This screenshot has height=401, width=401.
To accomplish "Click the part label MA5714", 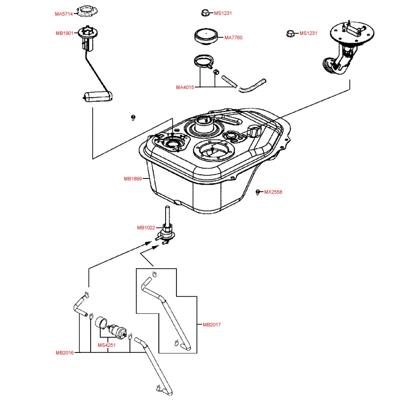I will pyautogui.click(x=64, y=14).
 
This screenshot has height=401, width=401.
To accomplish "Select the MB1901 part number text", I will pyautogui.click(x=64, y=33).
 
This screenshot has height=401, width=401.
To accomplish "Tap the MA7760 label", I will pyautogui.click(x=233, y=38).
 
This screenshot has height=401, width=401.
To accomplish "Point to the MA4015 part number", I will pyautogui.click(x=185, y=87).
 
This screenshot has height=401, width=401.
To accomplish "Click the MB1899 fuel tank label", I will pyautogui.click(x=133, y=179).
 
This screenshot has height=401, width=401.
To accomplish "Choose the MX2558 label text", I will pyautogui.click(x=273, y=192).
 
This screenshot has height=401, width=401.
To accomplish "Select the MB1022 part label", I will pyautogui.click(x=146, y=228).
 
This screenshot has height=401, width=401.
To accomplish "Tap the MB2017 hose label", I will pyautogui.click(x=212, y=325).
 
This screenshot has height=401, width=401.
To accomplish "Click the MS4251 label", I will pyautogui.click(x=107, y=345).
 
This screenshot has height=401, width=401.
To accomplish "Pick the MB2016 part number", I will pyautogui.click(x=65, y=353).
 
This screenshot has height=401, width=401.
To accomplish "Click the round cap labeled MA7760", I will pyautogui.click(x=207, y=37).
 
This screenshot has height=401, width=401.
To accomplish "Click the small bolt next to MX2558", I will pyautogui.click(x=258, y=192).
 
